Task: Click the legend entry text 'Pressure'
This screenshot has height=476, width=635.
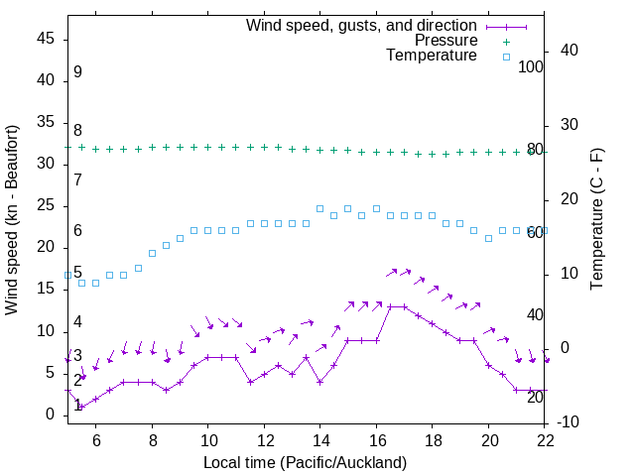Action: [x=445, y=41]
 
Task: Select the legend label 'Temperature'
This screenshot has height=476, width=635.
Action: [x=432, y=56]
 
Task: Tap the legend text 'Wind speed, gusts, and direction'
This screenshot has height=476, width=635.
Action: [x=362, y=25]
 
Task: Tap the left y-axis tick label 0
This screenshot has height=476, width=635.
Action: [x=53, y=416]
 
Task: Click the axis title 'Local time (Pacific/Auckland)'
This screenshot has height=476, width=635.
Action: [x=305, y=462]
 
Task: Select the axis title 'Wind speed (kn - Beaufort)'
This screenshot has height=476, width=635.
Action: [x=13, y=220]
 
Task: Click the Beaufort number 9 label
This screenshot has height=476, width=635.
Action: [x=77, y=72]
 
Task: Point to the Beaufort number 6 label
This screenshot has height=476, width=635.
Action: [x=77, y=231]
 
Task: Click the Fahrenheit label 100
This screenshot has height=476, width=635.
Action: [x=532, y=66]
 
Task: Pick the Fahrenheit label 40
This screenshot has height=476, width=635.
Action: [x=535, y=314]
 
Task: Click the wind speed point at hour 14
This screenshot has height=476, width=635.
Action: [x=319, y=382]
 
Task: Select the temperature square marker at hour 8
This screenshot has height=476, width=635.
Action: [x=152, y=254]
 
